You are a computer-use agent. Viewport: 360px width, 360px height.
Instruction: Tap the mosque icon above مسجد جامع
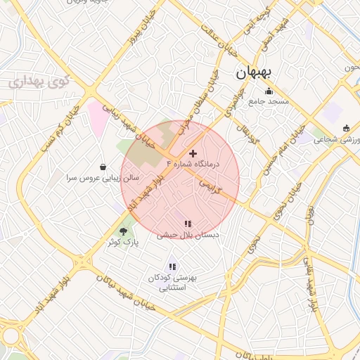268,91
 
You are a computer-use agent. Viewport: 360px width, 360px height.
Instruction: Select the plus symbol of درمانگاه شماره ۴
193,153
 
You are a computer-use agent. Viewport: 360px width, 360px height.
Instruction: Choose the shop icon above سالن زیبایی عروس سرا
104,167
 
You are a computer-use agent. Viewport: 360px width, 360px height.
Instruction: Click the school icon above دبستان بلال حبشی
187,224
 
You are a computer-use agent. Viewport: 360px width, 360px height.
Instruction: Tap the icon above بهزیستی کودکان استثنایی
172,266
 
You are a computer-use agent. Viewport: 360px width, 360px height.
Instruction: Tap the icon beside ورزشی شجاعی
346,128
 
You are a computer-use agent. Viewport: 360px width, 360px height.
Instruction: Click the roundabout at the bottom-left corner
11,337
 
